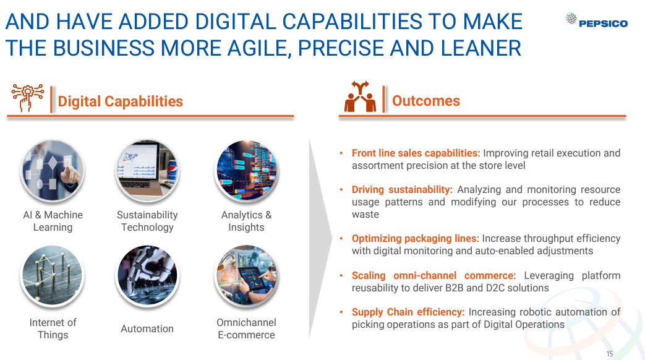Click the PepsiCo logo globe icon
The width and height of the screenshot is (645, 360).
click(571, 18)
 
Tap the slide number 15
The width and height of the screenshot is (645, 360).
click(610, 353)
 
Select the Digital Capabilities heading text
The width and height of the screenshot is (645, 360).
click(120, 101)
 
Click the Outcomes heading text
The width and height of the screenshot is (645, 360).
click(425, 101)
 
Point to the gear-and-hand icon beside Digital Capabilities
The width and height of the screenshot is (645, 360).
click(28, 98)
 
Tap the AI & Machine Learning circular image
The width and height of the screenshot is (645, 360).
click(53, 171)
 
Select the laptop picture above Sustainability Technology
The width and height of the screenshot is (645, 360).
click(147, 171)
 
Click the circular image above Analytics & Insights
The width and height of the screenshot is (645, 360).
click(246, 171)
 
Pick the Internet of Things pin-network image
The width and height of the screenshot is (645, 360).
click(53, 276)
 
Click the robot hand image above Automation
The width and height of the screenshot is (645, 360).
click(147, 276)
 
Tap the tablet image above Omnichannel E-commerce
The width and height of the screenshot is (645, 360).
click(246, 276)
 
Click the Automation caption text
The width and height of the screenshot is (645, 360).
click(147, 328)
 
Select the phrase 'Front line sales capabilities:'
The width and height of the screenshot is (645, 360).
click(416, 153)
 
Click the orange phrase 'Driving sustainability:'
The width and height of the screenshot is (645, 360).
click(402, 190)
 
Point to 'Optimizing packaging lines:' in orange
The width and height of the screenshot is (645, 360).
click(416, 239)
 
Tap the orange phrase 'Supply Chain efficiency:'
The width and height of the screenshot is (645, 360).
click(408, 312)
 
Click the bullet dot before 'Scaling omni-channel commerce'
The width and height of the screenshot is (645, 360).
click(341, 275)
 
